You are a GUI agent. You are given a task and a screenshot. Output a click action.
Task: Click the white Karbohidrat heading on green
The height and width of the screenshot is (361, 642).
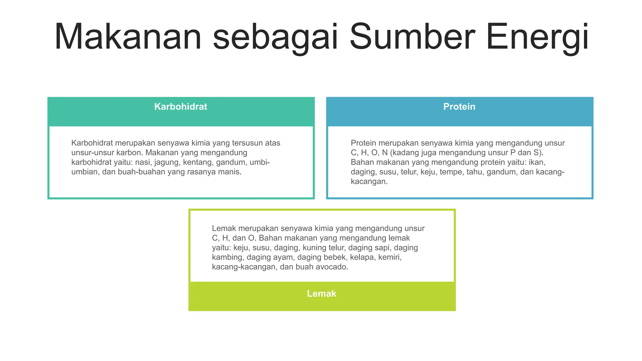coord(181,107)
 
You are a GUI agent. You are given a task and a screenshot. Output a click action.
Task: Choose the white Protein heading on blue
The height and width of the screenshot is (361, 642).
coord(459,107)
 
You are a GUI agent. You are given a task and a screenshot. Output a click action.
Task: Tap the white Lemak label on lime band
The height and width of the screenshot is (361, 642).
coord(321,293)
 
